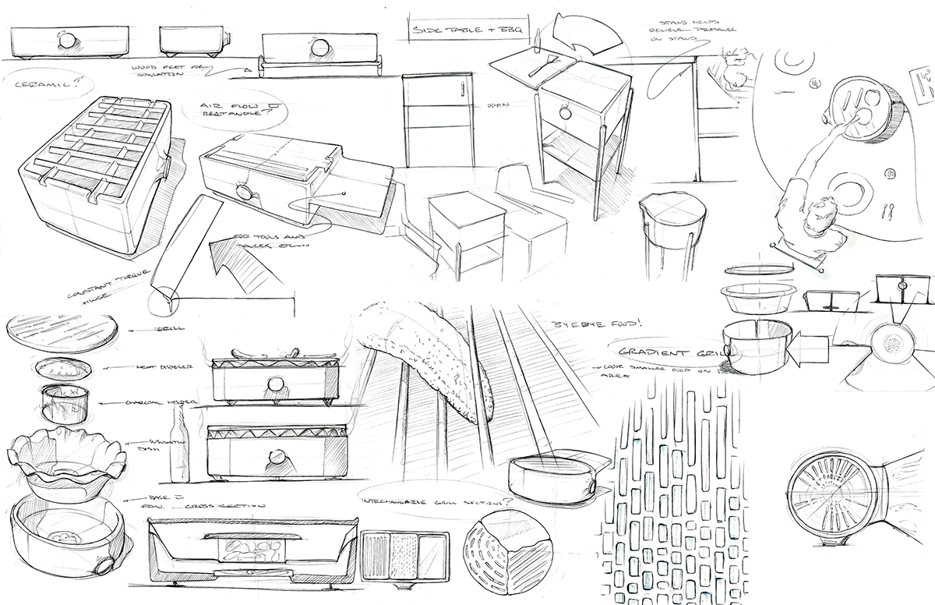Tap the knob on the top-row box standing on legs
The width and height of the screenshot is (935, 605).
click(318, 48)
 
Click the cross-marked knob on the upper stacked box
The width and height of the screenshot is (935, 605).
click(273, 382)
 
